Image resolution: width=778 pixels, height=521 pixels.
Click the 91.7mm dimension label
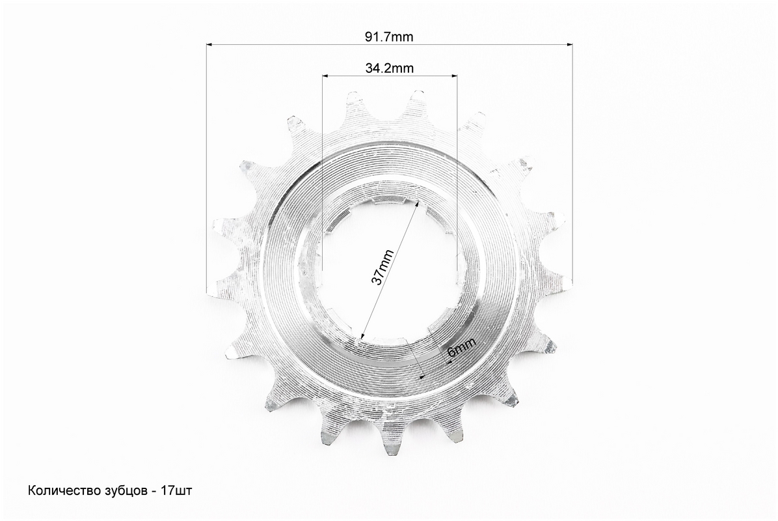click(x=389, y=36)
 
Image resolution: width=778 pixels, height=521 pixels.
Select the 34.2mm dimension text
click(x=389, y=68)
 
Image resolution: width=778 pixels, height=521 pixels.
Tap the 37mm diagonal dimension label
click(x=382, y=267)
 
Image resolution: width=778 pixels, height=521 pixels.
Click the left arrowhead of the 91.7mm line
click(x=209, y=45)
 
